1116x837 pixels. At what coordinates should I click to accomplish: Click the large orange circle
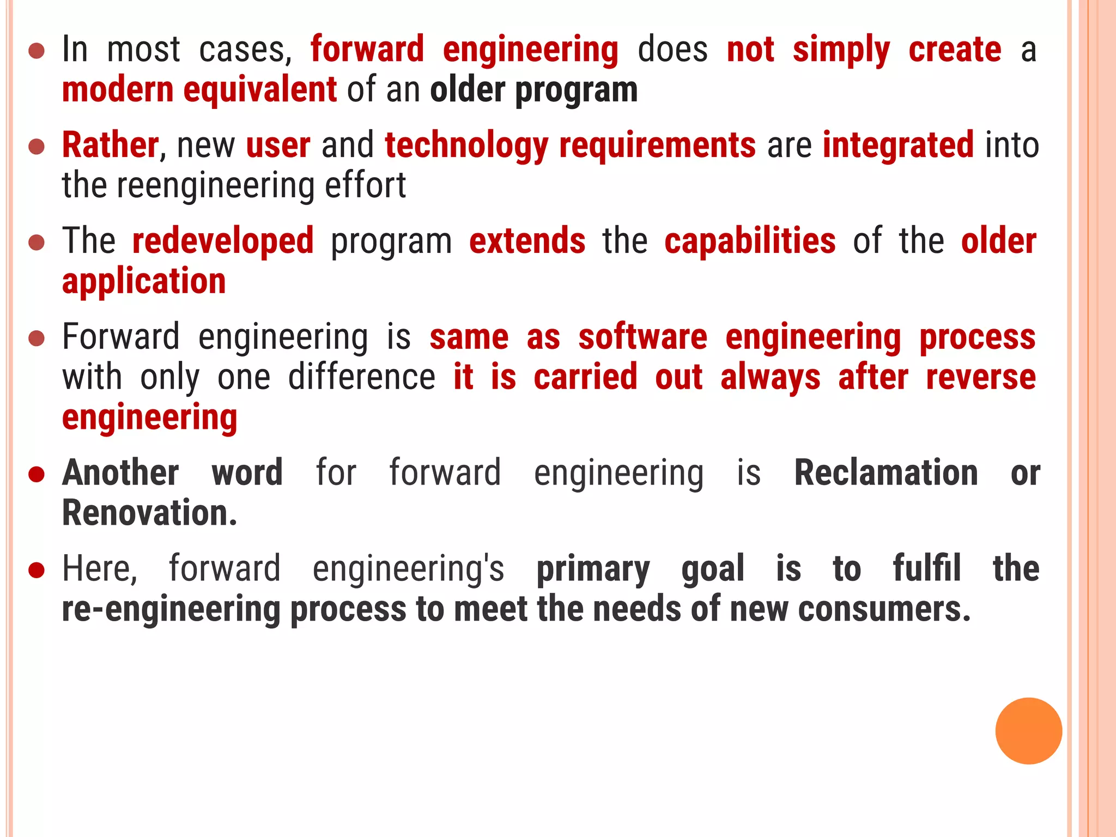coord(1028,731)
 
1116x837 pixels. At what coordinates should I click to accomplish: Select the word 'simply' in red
coord(841,50)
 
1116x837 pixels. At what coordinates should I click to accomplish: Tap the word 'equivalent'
coord(260,90)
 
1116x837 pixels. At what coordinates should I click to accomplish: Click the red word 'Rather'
coord(110,145)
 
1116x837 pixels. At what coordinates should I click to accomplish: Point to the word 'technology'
coord(466,147)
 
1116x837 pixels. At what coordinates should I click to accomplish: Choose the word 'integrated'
coord(898,145)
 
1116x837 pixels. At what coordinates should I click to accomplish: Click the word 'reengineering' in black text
coord(216,186)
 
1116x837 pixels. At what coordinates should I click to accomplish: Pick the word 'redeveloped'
coord(223,241)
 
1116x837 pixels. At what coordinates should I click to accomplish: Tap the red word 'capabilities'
coord(750,241)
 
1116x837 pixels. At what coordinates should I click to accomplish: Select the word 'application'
coord(144,282)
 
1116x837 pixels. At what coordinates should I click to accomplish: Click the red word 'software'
coord(643,337)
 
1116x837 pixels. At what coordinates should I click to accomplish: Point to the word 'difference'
coord(361,377)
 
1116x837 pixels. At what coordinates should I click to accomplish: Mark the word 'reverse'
coord(981,377)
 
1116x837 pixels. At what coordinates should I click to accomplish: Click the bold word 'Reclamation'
coord(886,472)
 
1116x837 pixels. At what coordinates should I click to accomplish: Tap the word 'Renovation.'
coord(150,513)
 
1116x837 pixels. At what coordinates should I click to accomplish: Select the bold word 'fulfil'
coord(926,568)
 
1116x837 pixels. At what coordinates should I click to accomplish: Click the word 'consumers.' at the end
coord(884,609)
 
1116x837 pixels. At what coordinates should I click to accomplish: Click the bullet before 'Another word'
coord(37,474)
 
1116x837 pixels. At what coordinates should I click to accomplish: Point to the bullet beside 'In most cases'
coord(37,51)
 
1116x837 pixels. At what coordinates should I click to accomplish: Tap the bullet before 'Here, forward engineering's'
coord(37,570)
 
